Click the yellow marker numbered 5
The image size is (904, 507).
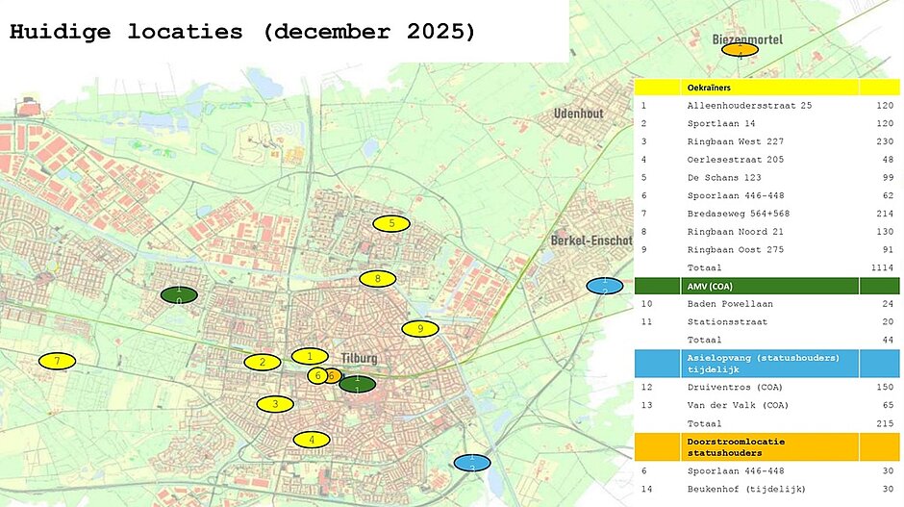pyautogui.click(x=391, y=223)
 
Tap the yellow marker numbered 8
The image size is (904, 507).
pyautogui.click(x=377, y=279)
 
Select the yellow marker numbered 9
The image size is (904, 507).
pyautogui.click(x=419, y=329)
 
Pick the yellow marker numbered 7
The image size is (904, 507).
pyautogui.click(x=57, y=362)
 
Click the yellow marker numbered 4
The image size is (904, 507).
pyautogui.click(x=311, y=440)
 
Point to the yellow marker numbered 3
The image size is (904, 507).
pyautogui.click(x=275, y=404)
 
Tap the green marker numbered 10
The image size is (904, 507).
pyautogui.click(x=179, y=294)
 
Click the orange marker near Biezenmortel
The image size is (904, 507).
pyautogui.click(x=740, y=49)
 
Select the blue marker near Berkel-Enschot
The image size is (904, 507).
pyautogui.click(x=604, y=286)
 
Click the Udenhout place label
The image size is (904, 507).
pyautogui.click(x=578, y=114)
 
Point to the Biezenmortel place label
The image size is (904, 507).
pyautogui.click(x=747, y=39)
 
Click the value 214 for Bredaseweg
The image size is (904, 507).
pyautogui.click(x=884, y=214)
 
